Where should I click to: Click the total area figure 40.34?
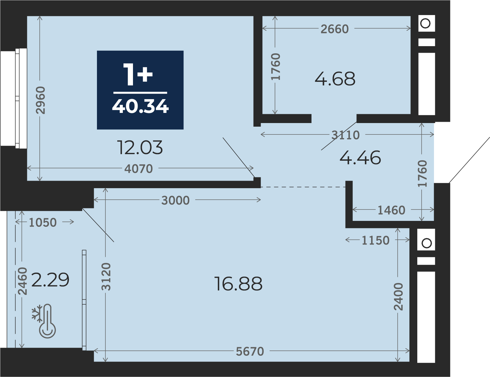click(140, 106)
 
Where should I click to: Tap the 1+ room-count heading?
click(138, 74)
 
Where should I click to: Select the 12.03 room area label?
click(140, 148)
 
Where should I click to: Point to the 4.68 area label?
click(335, 79)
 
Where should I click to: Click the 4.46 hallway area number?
click(360, 158)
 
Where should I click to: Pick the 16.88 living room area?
click(238, 284)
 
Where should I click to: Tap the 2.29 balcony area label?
click(50, 280)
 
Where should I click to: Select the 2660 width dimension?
click(335, 29)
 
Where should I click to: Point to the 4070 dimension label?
click(139, 169)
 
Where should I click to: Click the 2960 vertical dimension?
click(41, 100)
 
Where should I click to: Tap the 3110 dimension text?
click(346, 135)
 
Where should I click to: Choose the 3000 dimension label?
click(176, 200)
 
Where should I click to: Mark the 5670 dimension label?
click(250, 351)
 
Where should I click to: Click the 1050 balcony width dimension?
click(43, 223)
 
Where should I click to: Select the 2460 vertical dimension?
click(23, 281)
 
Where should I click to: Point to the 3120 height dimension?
click(106, 277)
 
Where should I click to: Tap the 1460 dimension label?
click(391, 210)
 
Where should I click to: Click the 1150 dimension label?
click(376, 240)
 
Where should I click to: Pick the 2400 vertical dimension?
click(398, 297)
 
